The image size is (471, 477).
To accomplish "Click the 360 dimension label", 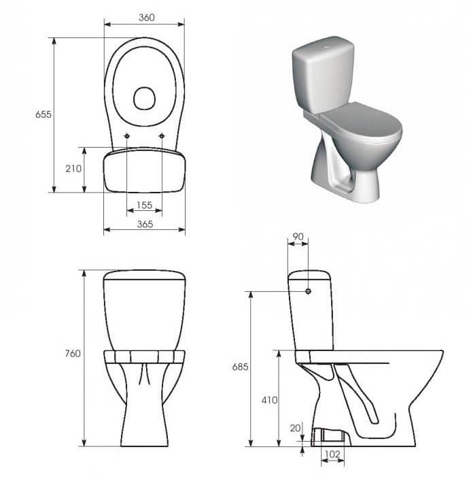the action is (147, 18).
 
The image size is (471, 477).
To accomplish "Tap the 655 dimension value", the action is (43, 114).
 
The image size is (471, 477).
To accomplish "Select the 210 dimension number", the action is (73, 169).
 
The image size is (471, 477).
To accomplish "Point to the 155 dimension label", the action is (144, 205).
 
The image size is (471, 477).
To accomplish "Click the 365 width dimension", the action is (145, 224).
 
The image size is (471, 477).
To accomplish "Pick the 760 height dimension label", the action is (73, 353).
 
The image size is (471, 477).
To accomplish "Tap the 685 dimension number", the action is (241, 367).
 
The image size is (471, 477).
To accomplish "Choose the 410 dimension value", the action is (270, 400).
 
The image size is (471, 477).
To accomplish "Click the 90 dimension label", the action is (298, 237).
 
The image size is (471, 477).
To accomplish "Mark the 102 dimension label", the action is (332, 455).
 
